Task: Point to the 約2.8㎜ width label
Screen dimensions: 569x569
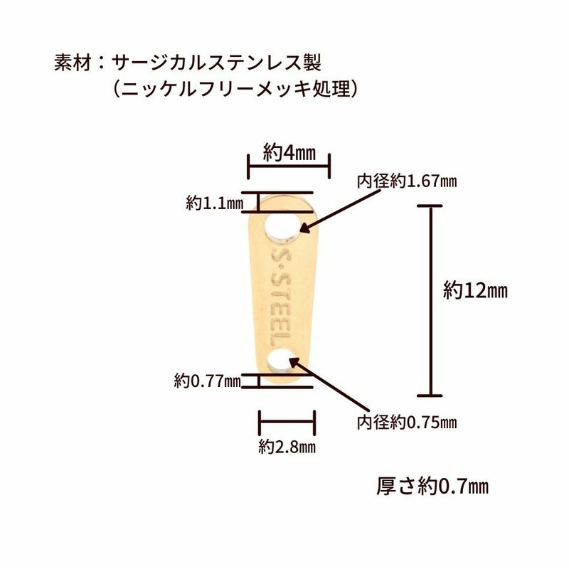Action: click(287, 447)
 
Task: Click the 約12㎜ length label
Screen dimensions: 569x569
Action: click(475, 290)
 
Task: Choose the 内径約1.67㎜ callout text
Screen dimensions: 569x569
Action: click(407, 181)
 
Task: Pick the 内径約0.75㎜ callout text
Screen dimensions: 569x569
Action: click(407, 422)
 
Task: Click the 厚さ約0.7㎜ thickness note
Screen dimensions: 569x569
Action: click(432, 487)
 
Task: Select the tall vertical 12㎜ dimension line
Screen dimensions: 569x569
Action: click(430, 299)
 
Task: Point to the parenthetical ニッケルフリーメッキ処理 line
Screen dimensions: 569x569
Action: click(234, 90)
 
